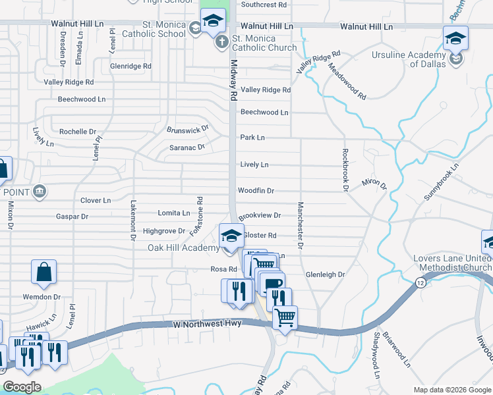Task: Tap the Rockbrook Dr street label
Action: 344,170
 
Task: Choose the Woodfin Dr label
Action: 256,191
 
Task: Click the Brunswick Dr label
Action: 188,128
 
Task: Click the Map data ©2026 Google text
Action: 451,390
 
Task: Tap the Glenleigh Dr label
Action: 326,275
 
